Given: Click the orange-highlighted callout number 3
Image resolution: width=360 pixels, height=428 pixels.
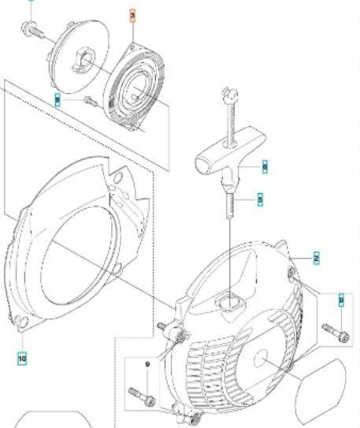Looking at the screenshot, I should point(132,15).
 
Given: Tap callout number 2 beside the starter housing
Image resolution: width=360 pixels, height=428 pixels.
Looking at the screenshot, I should point(316,259).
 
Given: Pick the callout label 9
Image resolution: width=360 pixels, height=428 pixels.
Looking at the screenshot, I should point(340,300).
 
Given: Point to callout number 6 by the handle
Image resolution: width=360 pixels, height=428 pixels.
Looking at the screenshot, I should point(265,167).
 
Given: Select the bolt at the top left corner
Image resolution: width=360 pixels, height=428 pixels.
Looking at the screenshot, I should point(32,29).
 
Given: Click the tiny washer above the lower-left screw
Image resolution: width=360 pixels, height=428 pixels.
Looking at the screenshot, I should point(147,363).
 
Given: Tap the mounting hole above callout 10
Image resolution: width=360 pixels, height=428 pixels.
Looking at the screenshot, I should point(21,321).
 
